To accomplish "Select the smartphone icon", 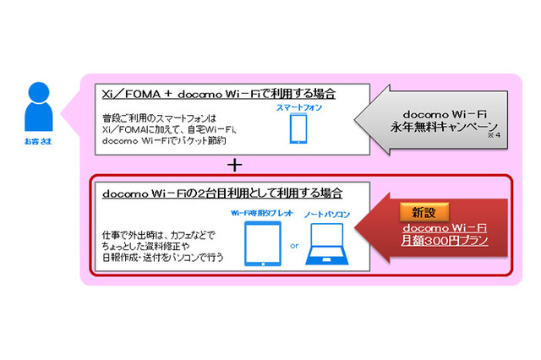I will [298, 129].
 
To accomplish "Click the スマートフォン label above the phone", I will [298, 108].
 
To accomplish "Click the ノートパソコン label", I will [325, 215].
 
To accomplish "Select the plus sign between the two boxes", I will [235, 164].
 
